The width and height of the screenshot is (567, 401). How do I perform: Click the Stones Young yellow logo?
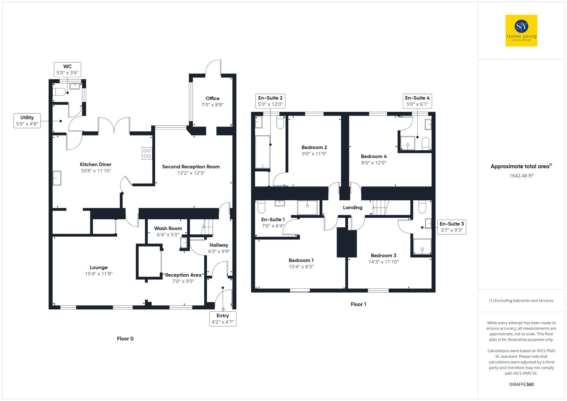(x=521, y=31)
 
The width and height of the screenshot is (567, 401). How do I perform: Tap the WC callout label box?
(x=67, y=70)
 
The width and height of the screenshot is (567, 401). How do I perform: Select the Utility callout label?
(x=27, y=121)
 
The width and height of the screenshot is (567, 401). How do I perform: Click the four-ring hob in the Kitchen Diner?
(x=147, y=153)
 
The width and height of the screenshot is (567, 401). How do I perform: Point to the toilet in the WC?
(x=59, y=92)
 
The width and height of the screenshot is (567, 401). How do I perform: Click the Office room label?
(x=212, y=98)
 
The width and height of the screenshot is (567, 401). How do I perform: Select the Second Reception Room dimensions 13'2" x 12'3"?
(x=191, y=173)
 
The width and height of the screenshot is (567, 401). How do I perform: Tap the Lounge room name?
(x=99, y=267)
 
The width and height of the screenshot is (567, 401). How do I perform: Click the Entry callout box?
(x=223, y=319)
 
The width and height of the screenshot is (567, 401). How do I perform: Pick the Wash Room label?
(x=168, y=228)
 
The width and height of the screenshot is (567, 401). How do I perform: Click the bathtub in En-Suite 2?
(x=263, y=152)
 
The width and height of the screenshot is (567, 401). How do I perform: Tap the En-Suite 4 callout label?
(x=417, y=101)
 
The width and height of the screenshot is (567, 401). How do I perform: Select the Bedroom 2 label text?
(x=314, y=147)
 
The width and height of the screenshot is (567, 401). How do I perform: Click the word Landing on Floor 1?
(x=352, y=207)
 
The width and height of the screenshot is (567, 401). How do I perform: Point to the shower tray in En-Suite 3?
(x=422, y=247)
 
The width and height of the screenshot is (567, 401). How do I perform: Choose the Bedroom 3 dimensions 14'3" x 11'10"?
(x=383, y=262)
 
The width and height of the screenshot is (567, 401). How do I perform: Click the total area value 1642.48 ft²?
(x=521, y=176)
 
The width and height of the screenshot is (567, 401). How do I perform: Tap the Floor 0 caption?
(x=125, y=339)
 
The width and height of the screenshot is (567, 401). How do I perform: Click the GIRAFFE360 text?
(x=521, y=385)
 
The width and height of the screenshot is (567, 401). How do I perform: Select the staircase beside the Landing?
(x=380, y=207)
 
